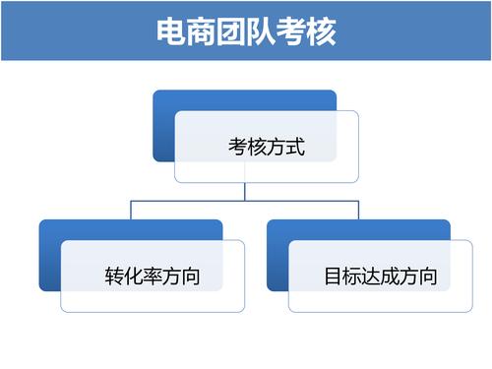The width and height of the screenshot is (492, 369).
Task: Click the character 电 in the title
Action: (x=172, y=31)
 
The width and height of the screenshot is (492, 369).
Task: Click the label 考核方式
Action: (x=267, y=149)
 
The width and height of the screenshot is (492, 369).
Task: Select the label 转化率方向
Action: (x=153, y=277)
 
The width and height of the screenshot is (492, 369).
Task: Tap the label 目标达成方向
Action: (x=380, y=277)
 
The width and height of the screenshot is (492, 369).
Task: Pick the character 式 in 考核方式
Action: (x=296, y=149)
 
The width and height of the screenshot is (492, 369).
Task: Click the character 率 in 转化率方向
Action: (x=153, y=277)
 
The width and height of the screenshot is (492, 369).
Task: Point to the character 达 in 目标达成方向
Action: (x=370, y=277)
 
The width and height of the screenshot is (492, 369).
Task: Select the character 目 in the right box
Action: (x=333, y=277)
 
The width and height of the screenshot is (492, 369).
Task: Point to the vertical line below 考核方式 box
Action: (x=245, y=191)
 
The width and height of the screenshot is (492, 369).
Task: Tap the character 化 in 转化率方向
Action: (x=133, y=277)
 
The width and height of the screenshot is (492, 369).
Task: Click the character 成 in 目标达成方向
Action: (x=389, y=277)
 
